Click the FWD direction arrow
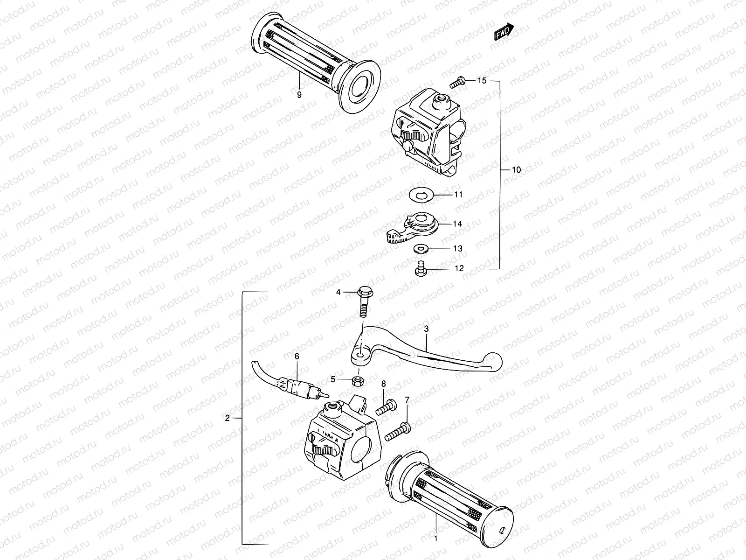(x=504, y=32)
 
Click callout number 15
(x=482, y=81)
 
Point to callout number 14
(x=457, y=224)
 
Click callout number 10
(x=516, y=170)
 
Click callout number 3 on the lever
(x=426, y=329)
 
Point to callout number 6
(x=297, y=356)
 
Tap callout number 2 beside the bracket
(x=228, y=418)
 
